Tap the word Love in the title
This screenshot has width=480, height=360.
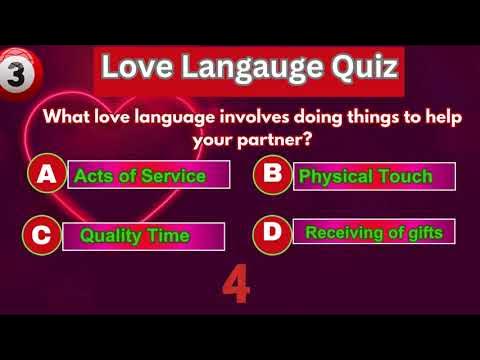135,69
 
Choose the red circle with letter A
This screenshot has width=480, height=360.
45,176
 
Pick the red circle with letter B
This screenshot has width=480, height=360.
270,176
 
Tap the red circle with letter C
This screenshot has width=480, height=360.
41,236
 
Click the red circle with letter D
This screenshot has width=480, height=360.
270,234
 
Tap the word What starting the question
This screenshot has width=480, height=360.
68,117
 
